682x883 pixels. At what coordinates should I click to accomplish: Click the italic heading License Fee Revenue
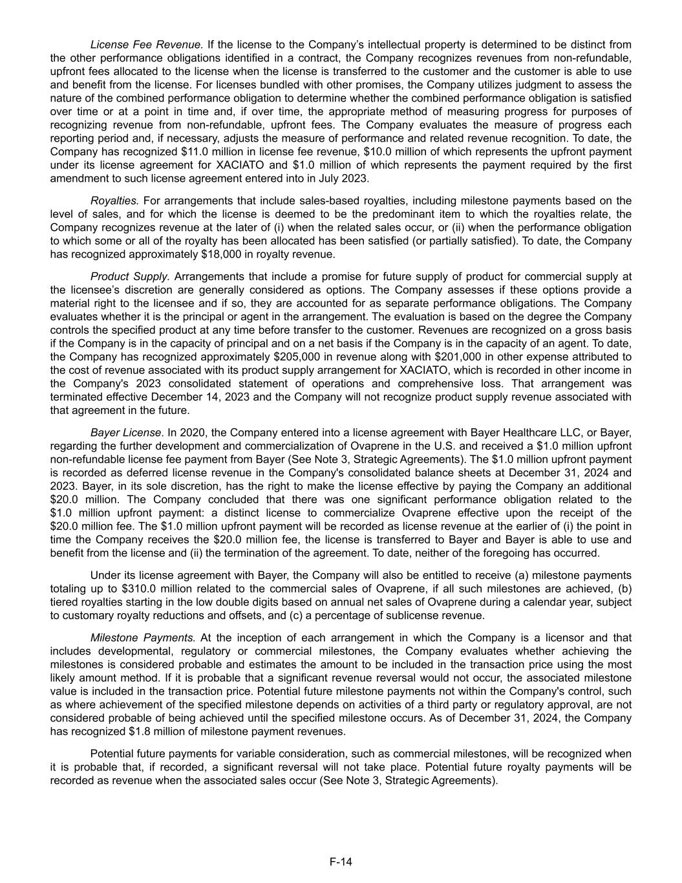coord(147,45)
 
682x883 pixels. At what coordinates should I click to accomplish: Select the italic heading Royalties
coord(114,201)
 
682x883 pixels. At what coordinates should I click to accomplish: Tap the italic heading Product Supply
coord(130,276)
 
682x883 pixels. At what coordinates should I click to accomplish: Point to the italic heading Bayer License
coord(125,432)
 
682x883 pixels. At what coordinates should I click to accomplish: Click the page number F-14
coord(341,862)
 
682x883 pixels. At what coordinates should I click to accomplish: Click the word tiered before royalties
coord(64,602)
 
